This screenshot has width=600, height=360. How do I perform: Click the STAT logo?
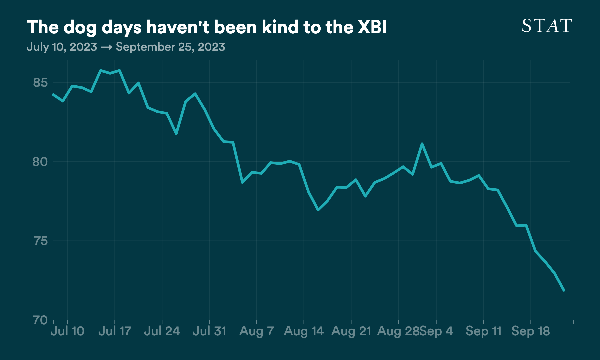(x=547, y=26)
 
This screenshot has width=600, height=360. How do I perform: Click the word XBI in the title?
(x=372, y=27)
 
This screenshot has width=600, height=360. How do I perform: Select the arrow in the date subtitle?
(x=106, y=47)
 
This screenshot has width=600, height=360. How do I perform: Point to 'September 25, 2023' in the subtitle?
(x=170, y=47)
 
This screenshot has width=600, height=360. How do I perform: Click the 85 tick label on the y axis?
(x=41, y=82)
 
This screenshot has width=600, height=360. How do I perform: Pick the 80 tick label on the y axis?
(x=40, y=162)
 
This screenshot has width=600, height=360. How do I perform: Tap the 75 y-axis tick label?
(x=41, y=241)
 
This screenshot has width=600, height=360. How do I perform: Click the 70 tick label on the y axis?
(x=40, y=320)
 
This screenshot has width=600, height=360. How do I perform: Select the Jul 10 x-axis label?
(x=68, y=331)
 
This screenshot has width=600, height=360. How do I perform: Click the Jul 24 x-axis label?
(x=162, y=331)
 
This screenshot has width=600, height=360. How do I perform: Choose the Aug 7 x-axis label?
(x=257, y=331)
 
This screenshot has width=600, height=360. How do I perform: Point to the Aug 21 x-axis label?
(x=351, y=331)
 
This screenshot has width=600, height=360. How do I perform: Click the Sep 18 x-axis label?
(x=531, y=331)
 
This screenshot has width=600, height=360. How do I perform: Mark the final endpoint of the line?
(x=564, y=290)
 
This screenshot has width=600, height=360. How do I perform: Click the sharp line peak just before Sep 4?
(x=422, y=144)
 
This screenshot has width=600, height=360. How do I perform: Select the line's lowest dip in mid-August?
(x=318, y=210)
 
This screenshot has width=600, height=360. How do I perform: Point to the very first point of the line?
(x=53, y=95)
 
